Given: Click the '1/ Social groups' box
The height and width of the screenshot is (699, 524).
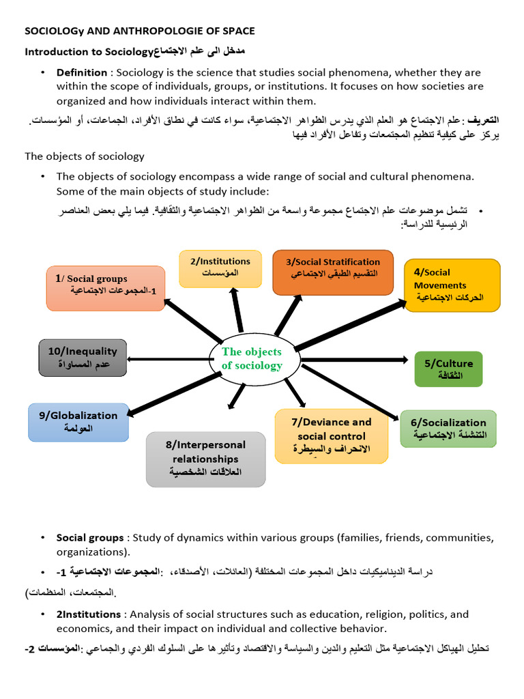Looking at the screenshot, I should click(x=106, y=287).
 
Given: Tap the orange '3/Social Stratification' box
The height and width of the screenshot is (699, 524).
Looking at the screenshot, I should click(x=333, y=271).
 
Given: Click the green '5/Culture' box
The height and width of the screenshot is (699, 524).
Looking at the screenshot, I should click(x=448, y=369).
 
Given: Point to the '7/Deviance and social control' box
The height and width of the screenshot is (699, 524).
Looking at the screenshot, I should click(x=331, y=436).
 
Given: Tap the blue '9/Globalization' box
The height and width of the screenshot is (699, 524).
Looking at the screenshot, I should click(x=78, y=422).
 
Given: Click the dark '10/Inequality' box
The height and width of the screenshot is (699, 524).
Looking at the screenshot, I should click(x=83, y=357).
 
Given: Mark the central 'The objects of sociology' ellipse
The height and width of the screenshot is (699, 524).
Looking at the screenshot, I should click(x=252, y=359).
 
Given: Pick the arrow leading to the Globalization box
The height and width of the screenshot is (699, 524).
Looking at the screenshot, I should click(x=174, y=393).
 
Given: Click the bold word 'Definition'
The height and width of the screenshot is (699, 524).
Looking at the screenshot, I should click(x=81, y=72).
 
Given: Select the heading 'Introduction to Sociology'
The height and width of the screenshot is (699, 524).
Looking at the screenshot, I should click(x=87, y=52).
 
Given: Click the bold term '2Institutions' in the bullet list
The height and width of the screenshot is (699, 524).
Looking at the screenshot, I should click(x=89, y=614).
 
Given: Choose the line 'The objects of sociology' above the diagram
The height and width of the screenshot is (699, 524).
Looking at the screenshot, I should click(x=85, y=156).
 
